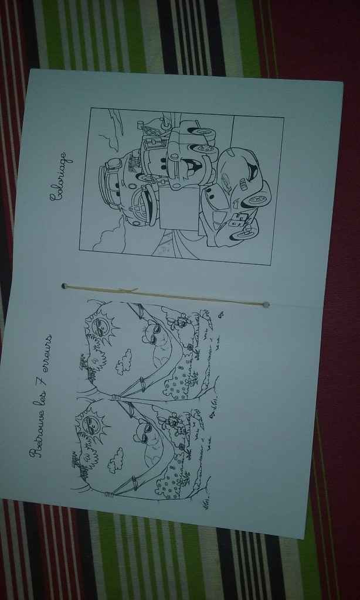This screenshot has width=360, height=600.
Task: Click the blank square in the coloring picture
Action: pos(180,208)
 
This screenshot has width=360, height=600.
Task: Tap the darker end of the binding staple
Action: pos(64,286)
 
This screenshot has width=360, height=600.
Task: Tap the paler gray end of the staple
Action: pos(266,305)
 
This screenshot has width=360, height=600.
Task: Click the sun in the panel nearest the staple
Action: pos(101,326)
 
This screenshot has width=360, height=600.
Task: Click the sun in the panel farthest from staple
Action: pos(91,425)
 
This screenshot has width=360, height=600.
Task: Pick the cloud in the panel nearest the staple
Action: pos(124,361)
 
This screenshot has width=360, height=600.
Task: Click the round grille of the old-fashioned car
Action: pos(142,206)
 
